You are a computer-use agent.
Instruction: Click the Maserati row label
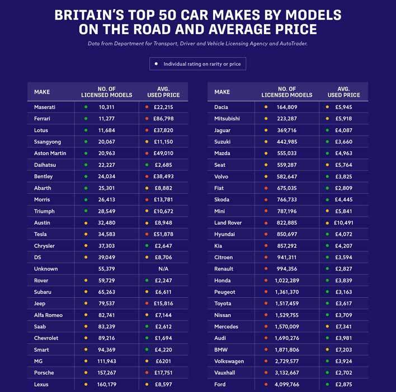tap(45, 107)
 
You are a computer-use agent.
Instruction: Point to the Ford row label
tap(220, 385)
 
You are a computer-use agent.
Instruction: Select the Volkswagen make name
tap(230, 361)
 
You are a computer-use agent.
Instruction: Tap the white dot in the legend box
tap(156, 64)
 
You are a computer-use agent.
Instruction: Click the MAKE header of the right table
tap(222, 92)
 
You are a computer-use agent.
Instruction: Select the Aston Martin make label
tap(50, 153)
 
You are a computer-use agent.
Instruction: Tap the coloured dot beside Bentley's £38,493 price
tap(147, 176)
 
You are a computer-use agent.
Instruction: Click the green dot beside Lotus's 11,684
tap(86, 130)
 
